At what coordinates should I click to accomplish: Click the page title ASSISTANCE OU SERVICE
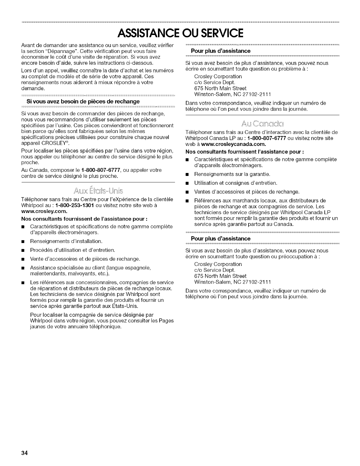[180, 33]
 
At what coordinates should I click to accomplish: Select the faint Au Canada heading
[263, 123]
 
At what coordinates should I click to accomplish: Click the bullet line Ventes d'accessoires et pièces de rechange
[247, 192]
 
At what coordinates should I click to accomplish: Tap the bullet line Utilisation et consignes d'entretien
[236, 183]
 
